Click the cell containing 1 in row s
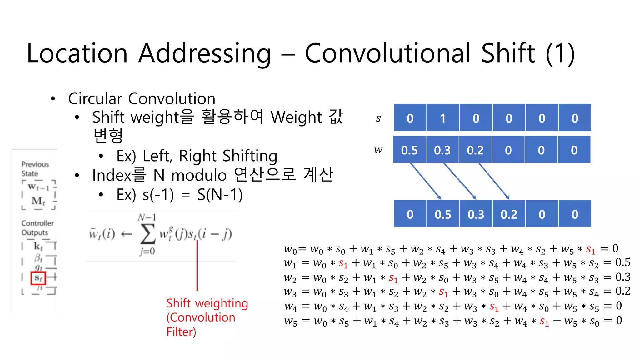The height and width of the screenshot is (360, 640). coord(442,118)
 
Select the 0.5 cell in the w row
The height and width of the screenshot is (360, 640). coord(409,150)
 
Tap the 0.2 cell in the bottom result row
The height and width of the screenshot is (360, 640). coord(509,214)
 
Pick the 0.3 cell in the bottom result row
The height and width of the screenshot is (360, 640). coord(476,214)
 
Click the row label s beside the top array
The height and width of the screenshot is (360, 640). coord(378,118)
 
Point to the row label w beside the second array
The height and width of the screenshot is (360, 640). coord(378,150)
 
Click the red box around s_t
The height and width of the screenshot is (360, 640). coord(38,278)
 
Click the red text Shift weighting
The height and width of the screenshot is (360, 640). coord(207,303)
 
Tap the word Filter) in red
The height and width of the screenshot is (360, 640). coord(181,332)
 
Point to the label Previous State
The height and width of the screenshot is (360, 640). coord(35,169)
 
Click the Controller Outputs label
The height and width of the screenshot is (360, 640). coord(37,228)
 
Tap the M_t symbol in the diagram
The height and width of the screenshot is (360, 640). coord(38,201)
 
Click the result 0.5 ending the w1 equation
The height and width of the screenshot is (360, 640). coord(622,262)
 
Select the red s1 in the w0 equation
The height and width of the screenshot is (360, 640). coord(590,249)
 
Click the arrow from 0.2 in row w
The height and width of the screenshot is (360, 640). coord(494,181)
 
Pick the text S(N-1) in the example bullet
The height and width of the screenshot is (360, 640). coord(220,195)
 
